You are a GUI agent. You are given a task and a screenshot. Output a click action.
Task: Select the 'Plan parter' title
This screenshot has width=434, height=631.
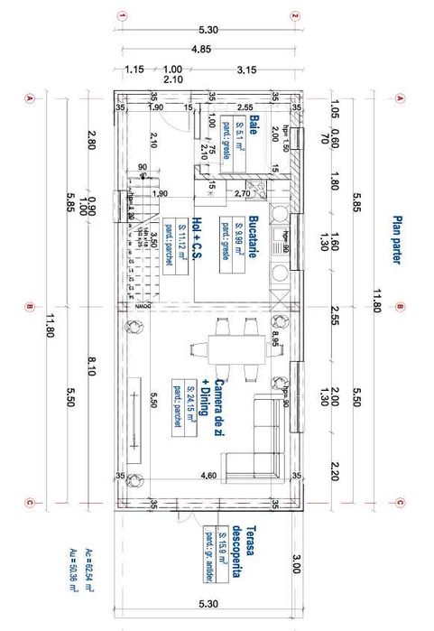[395, 239]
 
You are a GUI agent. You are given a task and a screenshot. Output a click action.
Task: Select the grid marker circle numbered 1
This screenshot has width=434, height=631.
[121, 16]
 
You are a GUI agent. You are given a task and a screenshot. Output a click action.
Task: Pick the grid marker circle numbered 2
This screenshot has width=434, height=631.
[294, 16]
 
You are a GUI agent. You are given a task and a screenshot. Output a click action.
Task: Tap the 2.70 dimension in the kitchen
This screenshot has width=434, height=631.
[242, 193]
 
